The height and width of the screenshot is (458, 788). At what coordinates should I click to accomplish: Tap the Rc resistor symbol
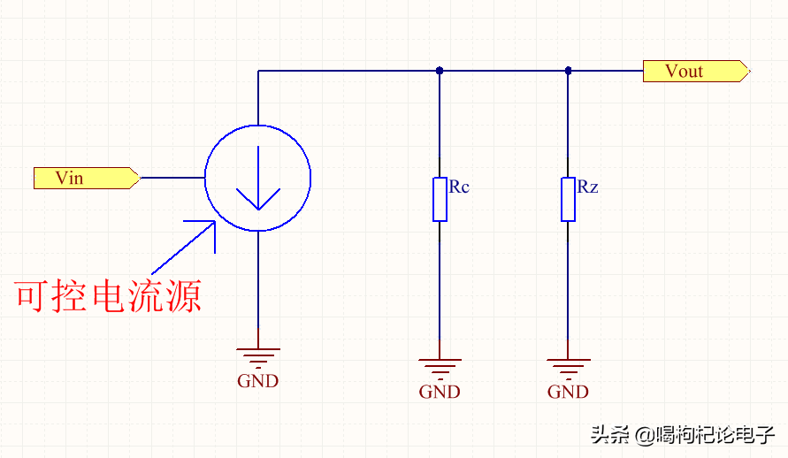point(440,199)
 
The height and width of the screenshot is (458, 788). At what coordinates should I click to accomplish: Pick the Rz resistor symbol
point(568,199)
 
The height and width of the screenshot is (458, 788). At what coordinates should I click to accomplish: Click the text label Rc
point(459,187)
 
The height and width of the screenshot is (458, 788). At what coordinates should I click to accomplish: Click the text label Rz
point(588,187)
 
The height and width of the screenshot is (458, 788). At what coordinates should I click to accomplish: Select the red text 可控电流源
point(109,295)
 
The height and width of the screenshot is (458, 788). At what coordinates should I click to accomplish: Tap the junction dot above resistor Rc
point(440,71)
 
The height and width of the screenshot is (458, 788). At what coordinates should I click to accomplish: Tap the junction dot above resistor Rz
point(568,71)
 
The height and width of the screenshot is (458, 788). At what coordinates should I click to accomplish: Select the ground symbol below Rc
point(440,366)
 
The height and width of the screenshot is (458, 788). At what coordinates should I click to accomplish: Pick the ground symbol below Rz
point(568,366)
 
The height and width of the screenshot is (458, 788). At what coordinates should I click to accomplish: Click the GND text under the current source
point(257,381)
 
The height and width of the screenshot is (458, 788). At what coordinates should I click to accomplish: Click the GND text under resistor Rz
point(568,392)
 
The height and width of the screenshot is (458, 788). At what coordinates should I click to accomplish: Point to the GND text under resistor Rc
point(440,392)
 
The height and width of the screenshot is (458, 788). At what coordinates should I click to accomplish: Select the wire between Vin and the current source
point(172,178)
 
